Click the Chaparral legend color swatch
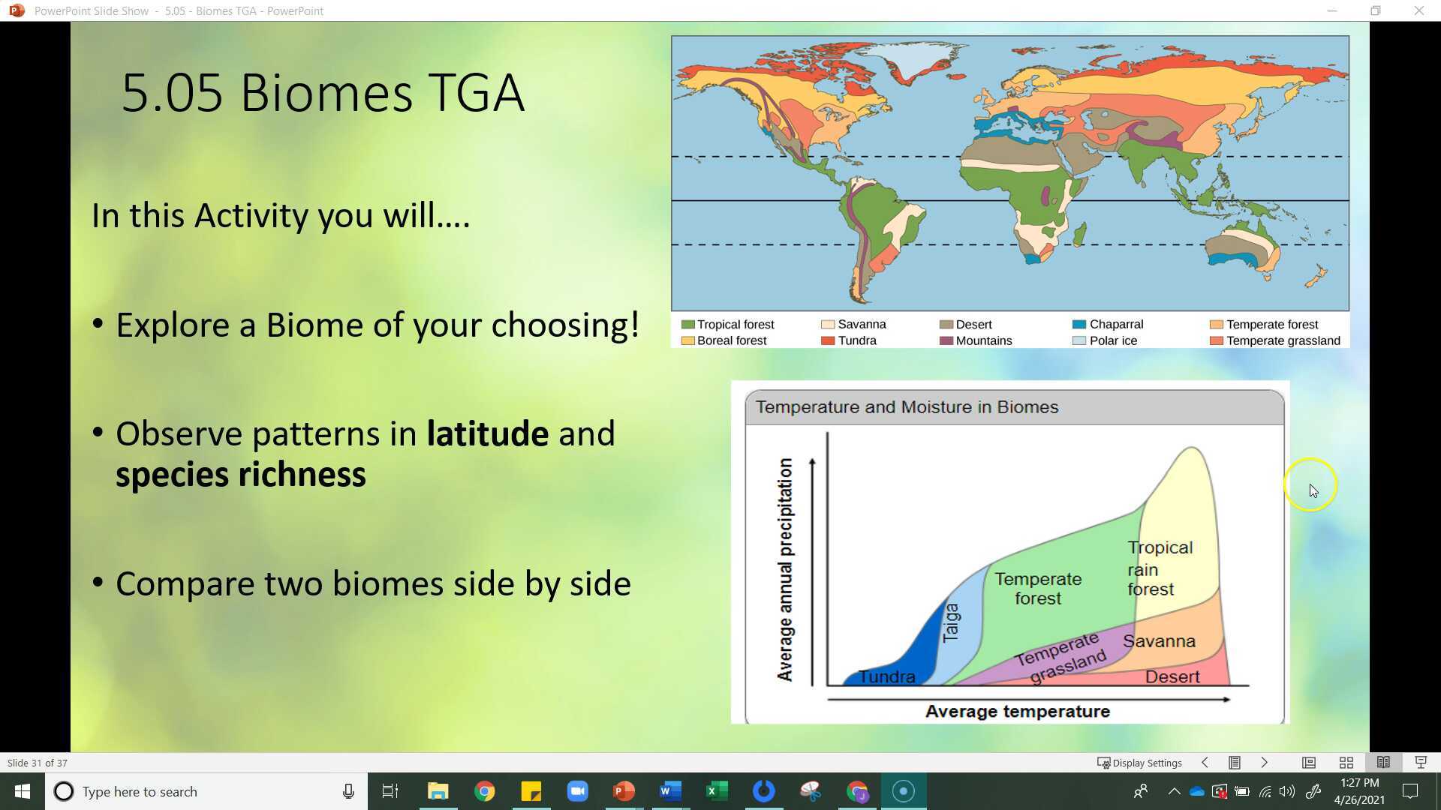point(1079,324)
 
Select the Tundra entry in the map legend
point(856,340)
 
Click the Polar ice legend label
point(1112,340)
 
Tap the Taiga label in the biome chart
point(950,622)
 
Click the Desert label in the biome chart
point(1172,676)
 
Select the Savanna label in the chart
point(1158,641)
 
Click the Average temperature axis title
point(1017,711)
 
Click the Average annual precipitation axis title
point(785,570)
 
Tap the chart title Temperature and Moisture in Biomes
point(907,407)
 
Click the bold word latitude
point(487,433)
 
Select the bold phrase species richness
point(240,475)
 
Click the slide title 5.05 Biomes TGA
point(322,93)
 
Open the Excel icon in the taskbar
point(717,791)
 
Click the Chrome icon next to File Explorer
point(485,791)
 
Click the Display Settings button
point(1139,763)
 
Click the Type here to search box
point(195,791)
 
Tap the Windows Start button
point(23,791)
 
